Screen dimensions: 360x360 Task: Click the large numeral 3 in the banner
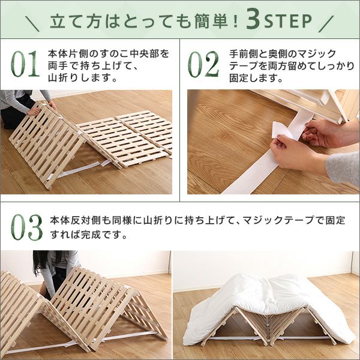click(x=253, y=19)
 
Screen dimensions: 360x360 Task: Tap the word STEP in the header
click(x=288, y=21)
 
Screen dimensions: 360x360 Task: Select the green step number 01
click(x=25, y=64)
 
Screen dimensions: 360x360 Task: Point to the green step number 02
click(x=203, y=64)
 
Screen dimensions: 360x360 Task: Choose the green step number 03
click(x=26, y=227)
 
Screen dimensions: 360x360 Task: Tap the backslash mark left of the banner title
click(x=32, y=23)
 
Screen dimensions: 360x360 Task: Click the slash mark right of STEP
click(x=326, y=23)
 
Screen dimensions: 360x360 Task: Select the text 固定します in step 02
click(x=253, y=78)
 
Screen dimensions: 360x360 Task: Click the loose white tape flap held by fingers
click(x=281, y=130)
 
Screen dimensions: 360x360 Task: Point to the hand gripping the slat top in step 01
click(x=34, y=111)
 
